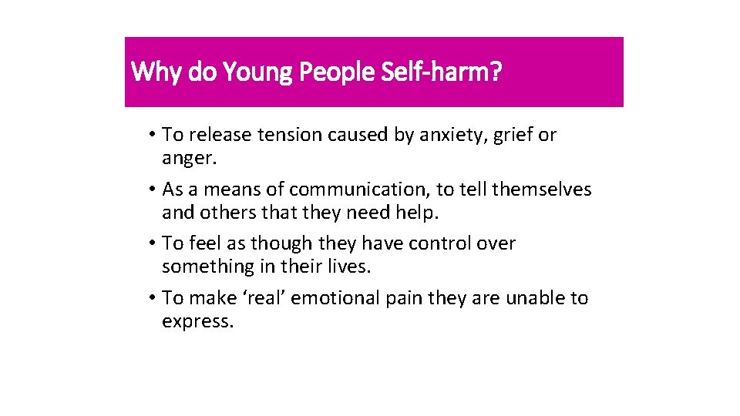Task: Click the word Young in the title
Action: coord(258,72)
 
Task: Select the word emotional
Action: coord(331,298)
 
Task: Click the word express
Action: coord(197,322)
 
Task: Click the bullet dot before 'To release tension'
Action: coord(154,136)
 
